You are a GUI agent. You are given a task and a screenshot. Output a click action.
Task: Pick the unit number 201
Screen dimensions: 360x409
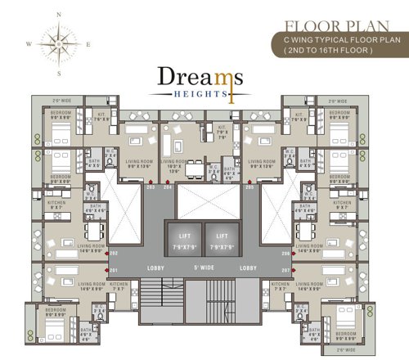pyautogui.click(x=114, y=271)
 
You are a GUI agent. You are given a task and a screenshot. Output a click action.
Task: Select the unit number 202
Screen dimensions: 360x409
pyautogui.click(x=114, y=254)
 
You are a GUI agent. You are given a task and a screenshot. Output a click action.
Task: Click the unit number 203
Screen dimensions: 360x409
pyautogui.click(x=151, y=187)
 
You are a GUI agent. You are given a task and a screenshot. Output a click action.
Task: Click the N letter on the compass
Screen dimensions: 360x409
pyautogui.click(x=56, y=15)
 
